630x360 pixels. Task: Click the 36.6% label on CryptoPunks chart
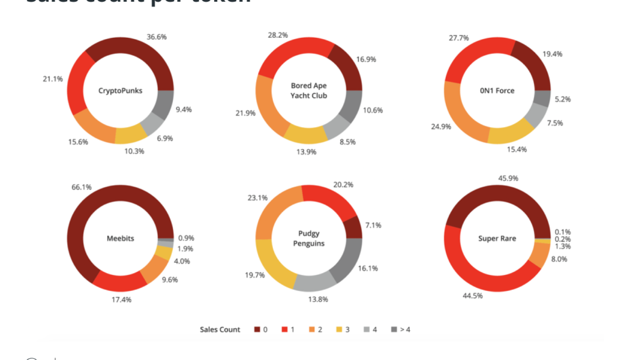point(157,37)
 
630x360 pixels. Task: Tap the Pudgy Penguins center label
point(308,238)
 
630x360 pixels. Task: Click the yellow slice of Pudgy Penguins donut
point(270,265)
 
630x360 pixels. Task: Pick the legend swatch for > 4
point(394,329)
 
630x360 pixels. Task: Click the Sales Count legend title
point(220,329)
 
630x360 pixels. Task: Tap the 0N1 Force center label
point(497,91)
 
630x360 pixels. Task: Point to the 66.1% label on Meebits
point(82,187)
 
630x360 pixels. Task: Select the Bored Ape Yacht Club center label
point(308,91)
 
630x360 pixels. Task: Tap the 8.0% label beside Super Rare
point(559,259)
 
